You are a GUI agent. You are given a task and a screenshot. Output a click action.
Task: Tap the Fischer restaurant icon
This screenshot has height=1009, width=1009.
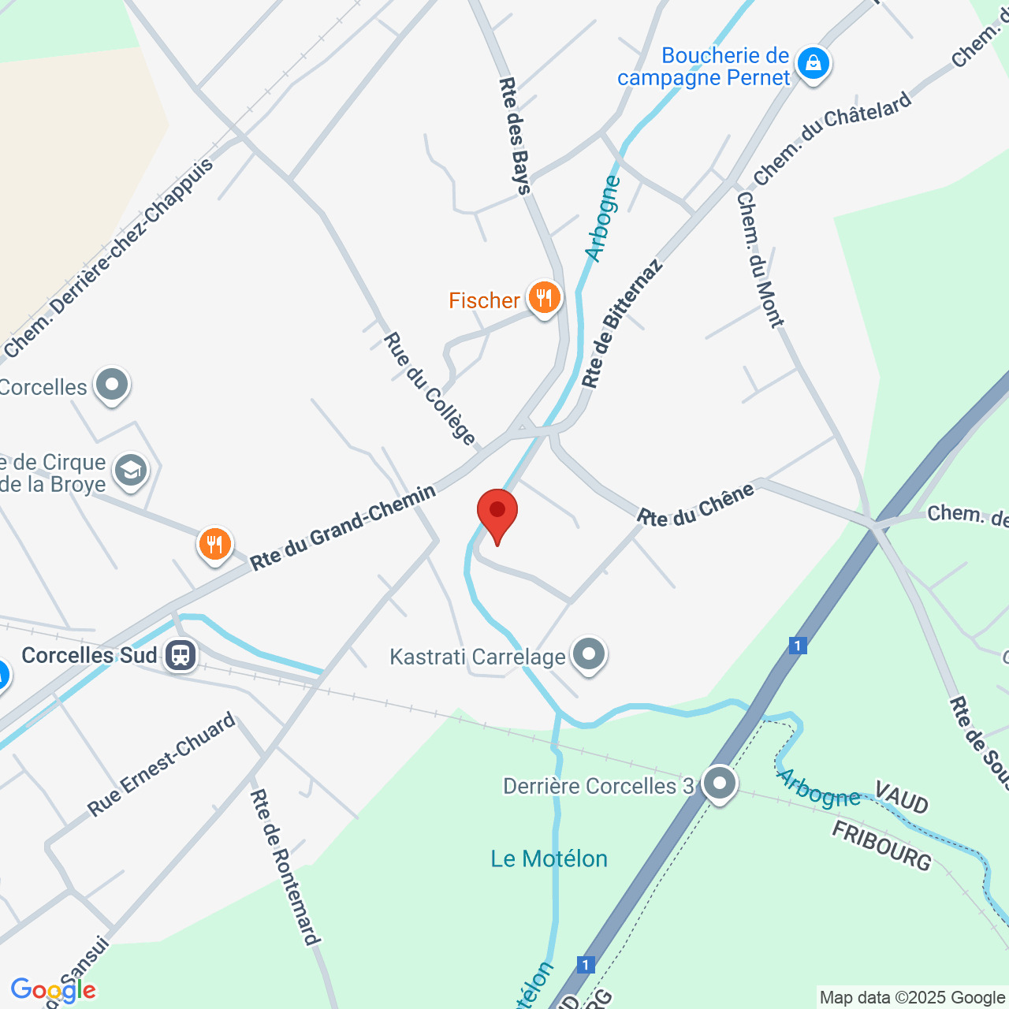pos(544,298)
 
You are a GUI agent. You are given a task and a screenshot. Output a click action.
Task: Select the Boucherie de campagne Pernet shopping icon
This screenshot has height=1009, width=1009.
pos(813,62)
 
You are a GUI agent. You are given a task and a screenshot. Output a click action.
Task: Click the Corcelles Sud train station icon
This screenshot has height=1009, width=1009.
pos(181,654)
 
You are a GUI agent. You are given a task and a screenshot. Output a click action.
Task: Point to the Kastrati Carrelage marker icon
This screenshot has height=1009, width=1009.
pos(588,654)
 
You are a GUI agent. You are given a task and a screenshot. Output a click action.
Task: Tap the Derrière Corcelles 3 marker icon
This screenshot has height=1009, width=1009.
pos(719,784)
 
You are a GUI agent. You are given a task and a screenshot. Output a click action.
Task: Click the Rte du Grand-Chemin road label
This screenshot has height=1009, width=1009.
pos(343,527)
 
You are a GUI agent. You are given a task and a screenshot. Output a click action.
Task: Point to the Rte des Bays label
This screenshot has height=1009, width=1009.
pos(516,135)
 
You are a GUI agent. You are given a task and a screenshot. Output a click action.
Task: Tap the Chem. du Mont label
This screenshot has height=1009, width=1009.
pos(760,259)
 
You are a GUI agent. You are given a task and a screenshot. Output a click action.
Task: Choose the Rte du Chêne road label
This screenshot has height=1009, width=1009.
pos(695,505)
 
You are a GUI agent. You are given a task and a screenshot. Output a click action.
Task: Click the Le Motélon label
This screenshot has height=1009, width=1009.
pos(549,858)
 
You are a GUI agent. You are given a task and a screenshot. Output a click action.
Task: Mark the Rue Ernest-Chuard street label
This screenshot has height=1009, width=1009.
pos(162,764)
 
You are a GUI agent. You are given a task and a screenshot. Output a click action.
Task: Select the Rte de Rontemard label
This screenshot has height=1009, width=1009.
pos(285,866)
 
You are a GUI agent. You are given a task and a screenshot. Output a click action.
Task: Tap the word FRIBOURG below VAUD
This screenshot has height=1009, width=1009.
pos(882,844)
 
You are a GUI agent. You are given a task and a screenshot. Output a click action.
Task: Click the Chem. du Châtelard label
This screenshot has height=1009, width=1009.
pos(832,139)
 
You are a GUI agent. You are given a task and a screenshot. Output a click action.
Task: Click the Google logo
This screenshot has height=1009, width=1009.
pos(53,990)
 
